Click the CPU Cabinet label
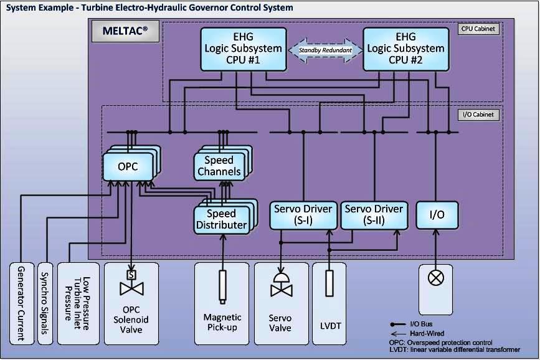pyautogui.click(x=479, y=29)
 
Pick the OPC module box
pyautogui.click(x=127, y=167)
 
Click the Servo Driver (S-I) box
pyautogui.click(x=303, y=214)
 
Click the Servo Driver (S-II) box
pyautogui.click(x=374, y=214)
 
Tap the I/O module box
pyautogui.click(x=437, y=214)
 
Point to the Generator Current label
pyautogui.click(x=21, y=303)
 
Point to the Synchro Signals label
pyautogui.click(x=44, y=303)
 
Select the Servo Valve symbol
pyautogui.click(x=281, y=285)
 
